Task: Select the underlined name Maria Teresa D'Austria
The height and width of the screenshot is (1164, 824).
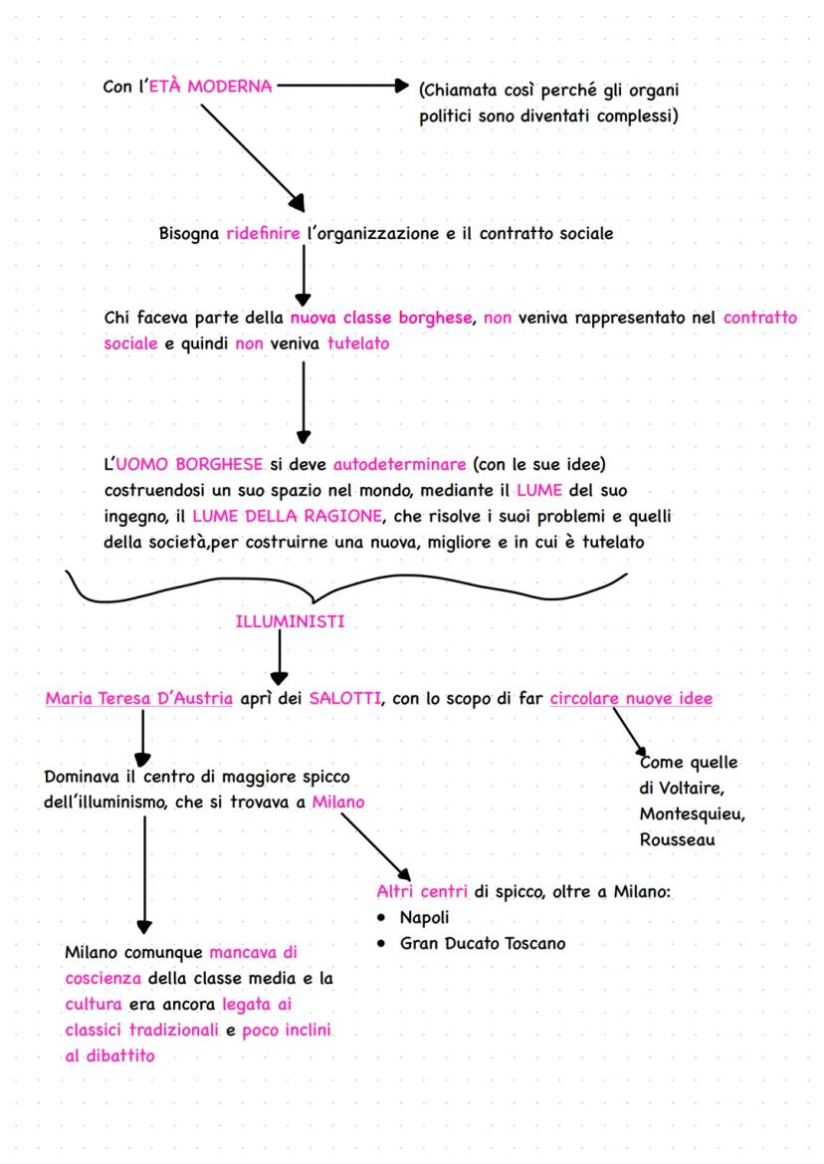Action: tap(139, 698)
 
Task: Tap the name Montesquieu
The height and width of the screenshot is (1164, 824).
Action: tap(693, 815)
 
